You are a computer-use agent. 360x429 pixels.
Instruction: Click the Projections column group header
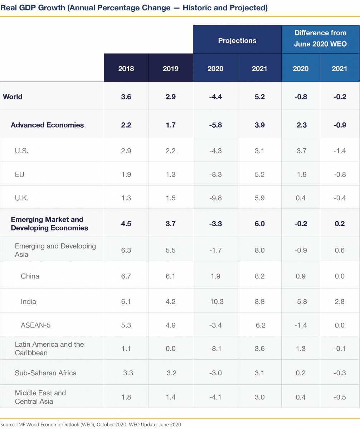click(x=237, y=40)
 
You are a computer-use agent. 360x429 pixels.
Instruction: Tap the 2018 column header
click(x=126, y=69)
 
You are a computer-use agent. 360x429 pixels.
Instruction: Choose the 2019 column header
click(x=170, y=69)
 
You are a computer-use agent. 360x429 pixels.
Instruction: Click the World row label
click(x=13, y=97)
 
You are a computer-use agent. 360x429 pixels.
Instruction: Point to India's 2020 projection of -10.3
click(x=215, y=301)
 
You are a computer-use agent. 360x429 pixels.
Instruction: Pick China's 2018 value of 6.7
click(x=126, y=276)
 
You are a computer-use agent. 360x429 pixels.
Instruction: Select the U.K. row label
click(x=21, y=198)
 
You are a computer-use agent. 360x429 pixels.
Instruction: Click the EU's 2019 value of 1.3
click(x=170, y=174)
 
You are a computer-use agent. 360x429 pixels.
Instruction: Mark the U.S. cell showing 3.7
click(x=301, y=151)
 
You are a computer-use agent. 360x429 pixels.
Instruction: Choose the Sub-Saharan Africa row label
click(x=46, y=373)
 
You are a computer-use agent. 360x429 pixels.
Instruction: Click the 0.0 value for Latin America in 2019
click(x=170, y=349)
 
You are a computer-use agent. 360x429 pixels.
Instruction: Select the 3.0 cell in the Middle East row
click(x=259, y=397)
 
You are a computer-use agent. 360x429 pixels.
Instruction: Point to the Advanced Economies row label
click(x=47, y=125)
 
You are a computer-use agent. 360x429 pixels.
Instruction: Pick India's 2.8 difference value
click(x=339, y=301)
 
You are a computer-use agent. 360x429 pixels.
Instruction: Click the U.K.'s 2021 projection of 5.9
click(x=259, y=198)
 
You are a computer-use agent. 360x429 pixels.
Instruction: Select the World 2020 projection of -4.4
click(x=215, y=97)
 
